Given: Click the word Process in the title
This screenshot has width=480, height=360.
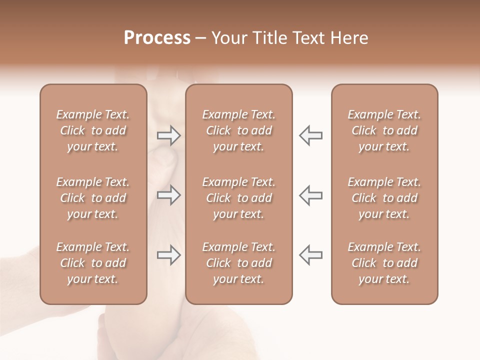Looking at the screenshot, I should pyautogui.click(x=157, y=38).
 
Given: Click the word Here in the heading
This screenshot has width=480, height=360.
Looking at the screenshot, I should pyautogui.click(x=348, y=38).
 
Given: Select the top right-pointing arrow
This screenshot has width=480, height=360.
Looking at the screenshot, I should pyautogui.click(x=169, y=135).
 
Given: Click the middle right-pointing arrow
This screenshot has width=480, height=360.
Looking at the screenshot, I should pyautogui.click(x=169, y=195).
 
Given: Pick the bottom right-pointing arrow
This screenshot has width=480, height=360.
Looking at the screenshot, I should pyautogui.click(x=169, y=255).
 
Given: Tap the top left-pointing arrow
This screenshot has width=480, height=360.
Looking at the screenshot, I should pyautogui.click(x=310, y=135).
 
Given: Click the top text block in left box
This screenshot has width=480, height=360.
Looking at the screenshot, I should pyautogui.click(x=93, y=130).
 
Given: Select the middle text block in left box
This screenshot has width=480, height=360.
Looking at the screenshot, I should pyautogui.click(x=93, y=198).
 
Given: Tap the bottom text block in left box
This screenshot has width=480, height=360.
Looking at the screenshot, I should pyautogui.click(x=93, y=263).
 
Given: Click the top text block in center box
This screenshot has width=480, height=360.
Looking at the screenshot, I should pyautogui.click(x=239, y=130).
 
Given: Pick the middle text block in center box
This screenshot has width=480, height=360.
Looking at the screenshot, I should pyautogui.click(x=239, y=198).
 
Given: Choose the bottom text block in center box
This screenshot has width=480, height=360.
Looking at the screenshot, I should pyautogui.click(x=239, y=263).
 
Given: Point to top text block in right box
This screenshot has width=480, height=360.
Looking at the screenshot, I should pyautogui.click(x=384, y=130).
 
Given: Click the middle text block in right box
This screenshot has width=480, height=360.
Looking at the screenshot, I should pyautogui.click(x=384, y=198).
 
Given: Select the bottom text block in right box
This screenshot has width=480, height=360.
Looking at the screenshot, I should pyautogui.click(x=384, y=263).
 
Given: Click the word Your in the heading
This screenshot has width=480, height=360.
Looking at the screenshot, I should pyautogui.click(x=228, y=38).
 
